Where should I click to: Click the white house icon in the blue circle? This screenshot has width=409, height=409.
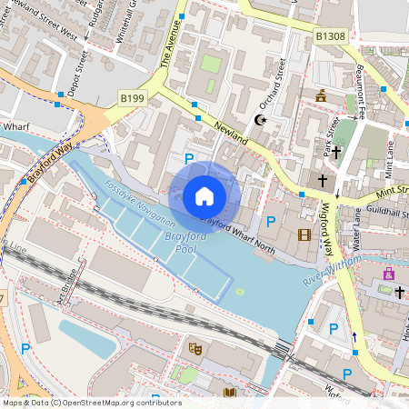[x=204, y=196]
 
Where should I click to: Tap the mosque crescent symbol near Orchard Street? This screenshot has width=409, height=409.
[x=263, y=120]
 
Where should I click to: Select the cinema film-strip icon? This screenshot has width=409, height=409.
[x=304, y=235]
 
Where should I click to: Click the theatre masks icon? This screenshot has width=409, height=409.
[x=194, y=347]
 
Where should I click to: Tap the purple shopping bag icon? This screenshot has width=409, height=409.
[x=389, y=273]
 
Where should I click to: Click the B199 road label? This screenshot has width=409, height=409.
[x=133, y=96]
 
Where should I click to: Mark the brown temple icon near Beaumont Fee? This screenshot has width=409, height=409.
[x=320, y=95]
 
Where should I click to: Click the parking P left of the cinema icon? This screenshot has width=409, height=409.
[x=269, y=221]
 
